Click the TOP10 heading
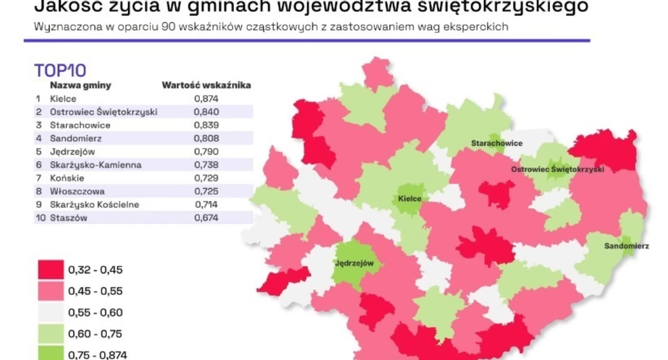(60, 71)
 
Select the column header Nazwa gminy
(81, 86)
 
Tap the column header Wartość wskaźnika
(206, 86)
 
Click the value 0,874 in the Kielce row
(207, 99)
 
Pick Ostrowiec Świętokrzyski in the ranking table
(104, 112)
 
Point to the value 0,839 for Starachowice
(207, 125)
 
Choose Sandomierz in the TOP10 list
(76, 139)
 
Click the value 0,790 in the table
(207, 151)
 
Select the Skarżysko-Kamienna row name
(96, 165)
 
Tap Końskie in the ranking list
(67, 178)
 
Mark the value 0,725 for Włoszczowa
(207, 191)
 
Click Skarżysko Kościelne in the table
(95, 205)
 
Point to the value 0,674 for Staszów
(207, 218)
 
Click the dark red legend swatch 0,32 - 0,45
(50, 270)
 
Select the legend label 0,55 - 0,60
(95, 313)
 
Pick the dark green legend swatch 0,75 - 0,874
(50, 353)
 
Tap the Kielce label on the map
(410, 199)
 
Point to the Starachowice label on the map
(497, 144)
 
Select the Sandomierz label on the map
(626, 246)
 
